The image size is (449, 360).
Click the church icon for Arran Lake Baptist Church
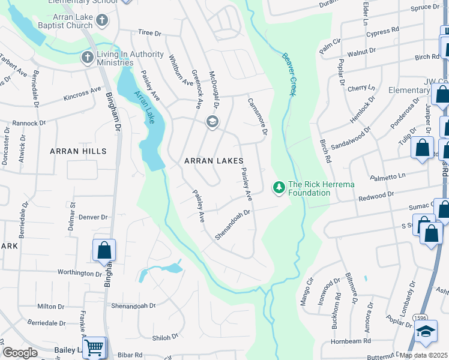pos(102,22)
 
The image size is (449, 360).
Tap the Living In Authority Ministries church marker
pos(86,58)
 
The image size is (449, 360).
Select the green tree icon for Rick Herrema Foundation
pos(279,188)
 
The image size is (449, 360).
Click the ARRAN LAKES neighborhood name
pos(214,161)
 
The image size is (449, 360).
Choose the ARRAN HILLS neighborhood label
pos(77,151)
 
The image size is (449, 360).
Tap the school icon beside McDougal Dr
pos(212,122)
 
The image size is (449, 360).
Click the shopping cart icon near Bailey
pos(94,347)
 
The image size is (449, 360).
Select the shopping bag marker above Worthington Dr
pos(104,250)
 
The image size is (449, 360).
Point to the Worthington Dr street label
pos(81,274)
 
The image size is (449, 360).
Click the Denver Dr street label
pos(93,217)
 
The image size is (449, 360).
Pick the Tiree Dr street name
pos(150,34)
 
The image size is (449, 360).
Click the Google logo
pos(20,352)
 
